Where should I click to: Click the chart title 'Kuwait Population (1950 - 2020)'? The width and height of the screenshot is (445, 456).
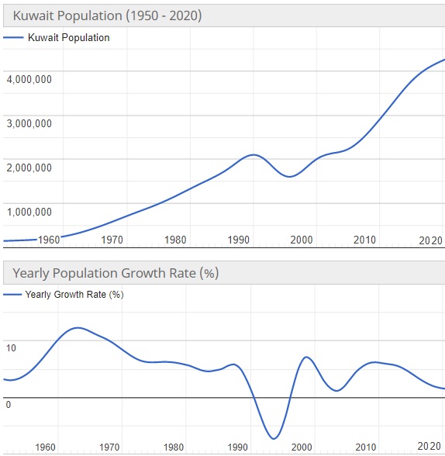coord(107,16)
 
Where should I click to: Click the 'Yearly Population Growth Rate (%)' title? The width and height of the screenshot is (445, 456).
coord(116,273)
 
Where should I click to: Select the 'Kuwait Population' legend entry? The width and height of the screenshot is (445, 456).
coord(68,37)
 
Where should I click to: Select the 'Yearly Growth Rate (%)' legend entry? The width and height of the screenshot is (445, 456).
coord(74,295)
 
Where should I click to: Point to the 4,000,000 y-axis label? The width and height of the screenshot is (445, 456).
coord(29,79)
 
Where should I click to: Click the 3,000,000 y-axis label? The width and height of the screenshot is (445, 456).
coord(29,123)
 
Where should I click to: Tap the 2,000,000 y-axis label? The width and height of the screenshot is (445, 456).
coord(29,168)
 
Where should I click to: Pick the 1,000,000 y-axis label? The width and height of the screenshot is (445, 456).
coord(29,212)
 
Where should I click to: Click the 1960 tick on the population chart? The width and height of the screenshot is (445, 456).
coord(49,240)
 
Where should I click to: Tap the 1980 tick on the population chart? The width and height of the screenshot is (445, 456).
coord(175,240)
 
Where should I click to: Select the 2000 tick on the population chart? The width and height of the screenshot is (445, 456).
coord(302,240)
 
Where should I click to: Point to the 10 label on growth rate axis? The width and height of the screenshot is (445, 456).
coord(10,348)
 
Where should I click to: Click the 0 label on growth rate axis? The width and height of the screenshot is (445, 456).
coord(8,405)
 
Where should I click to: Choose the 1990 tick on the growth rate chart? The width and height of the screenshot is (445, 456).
coord(236,447)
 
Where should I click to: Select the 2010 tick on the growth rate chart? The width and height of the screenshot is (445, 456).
coord(364,447)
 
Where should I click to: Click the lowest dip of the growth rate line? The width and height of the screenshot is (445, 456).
coord(272,439)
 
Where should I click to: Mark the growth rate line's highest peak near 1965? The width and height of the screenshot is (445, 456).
coord(77,328)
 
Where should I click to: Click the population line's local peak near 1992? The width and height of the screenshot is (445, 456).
coord(253,155)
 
